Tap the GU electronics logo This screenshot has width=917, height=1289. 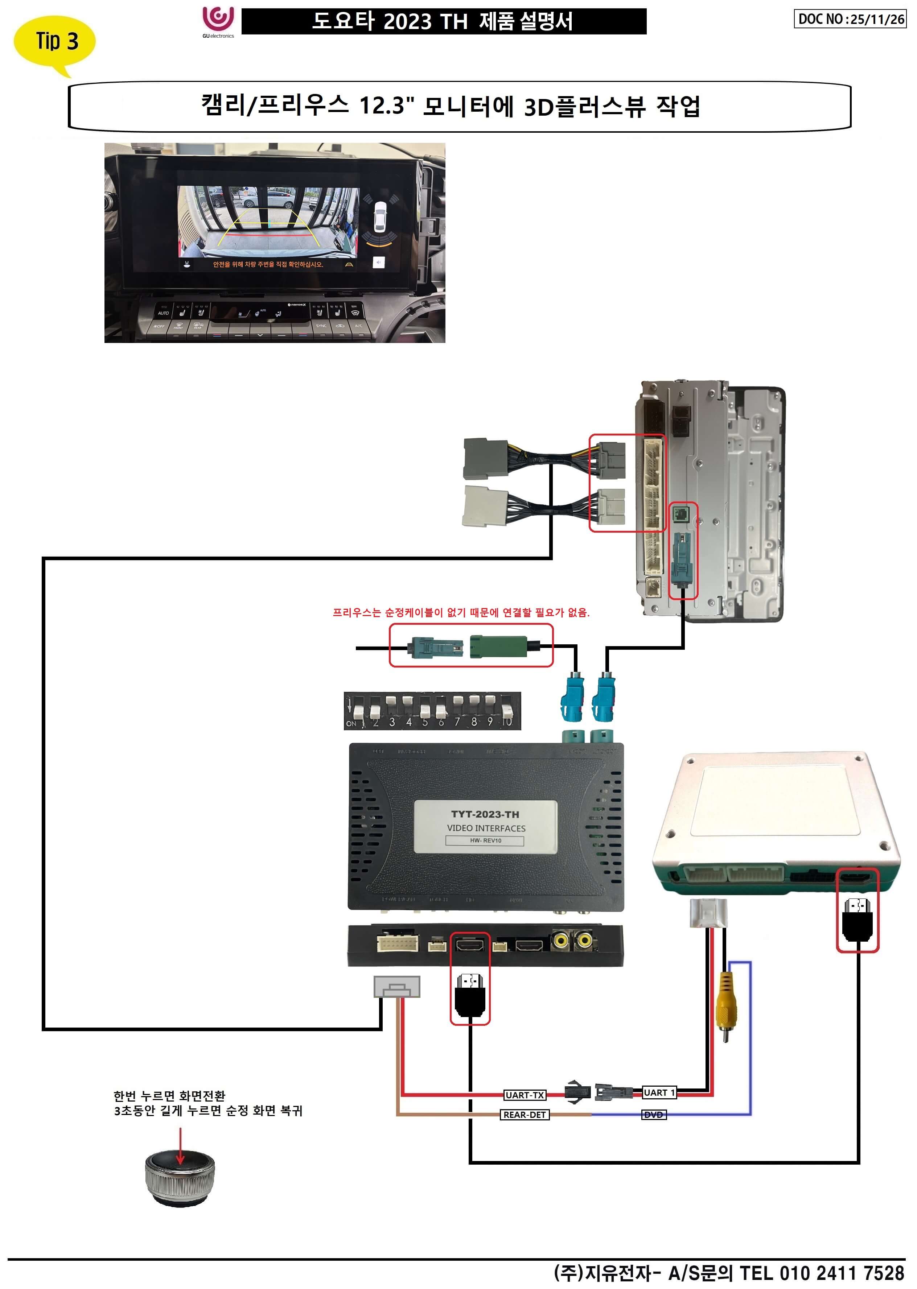coord(218,21)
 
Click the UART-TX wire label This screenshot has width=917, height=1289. coord(525,1095)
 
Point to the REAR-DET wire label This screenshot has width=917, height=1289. coord(525,1115)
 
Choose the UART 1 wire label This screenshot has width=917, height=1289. coord(658,1092)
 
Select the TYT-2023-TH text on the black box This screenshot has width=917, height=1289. coord(485,814)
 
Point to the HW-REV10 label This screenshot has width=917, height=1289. coord(485,840)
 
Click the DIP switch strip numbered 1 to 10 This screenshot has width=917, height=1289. coord(432,711)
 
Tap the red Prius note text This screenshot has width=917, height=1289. coord(461,612)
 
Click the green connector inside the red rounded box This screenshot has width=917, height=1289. coord(499,646)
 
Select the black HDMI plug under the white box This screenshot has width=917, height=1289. coord(857,918)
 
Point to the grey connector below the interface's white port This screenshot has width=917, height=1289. coord(397,987)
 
